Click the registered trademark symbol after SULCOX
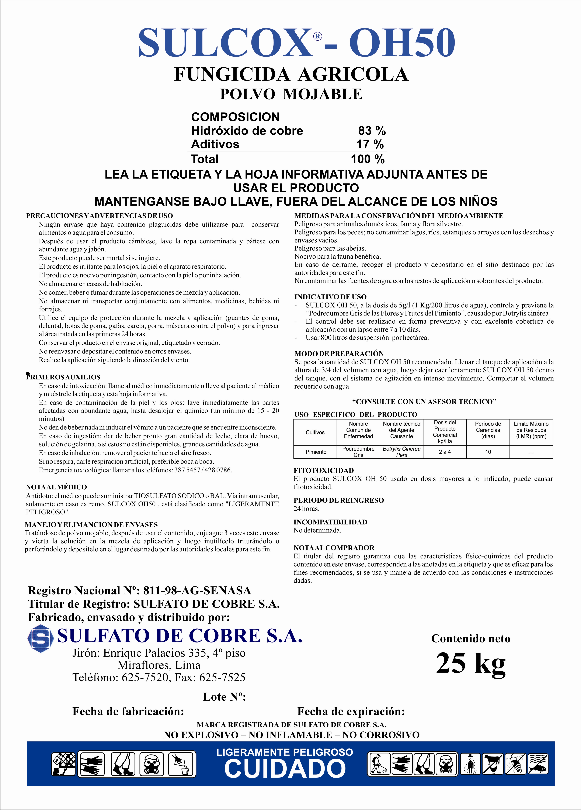point(317,36)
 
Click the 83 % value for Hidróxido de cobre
point(372,131)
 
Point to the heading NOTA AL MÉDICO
point(56,487)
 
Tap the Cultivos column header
point(315,432)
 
